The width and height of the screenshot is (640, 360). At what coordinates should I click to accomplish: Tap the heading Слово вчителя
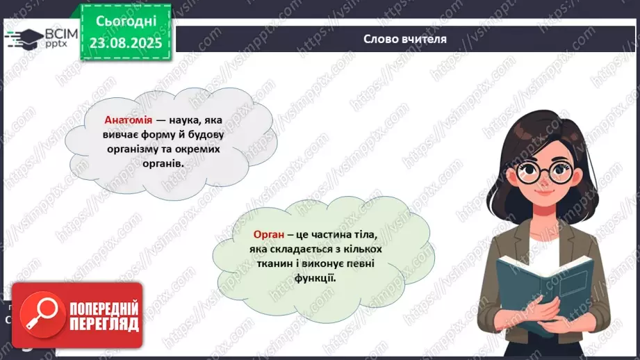(x=404, y=39)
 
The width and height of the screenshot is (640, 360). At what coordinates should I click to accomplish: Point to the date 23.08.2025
(x=126, y=42)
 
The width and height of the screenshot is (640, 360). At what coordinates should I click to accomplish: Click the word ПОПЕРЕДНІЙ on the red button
(x=104, y=309)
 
